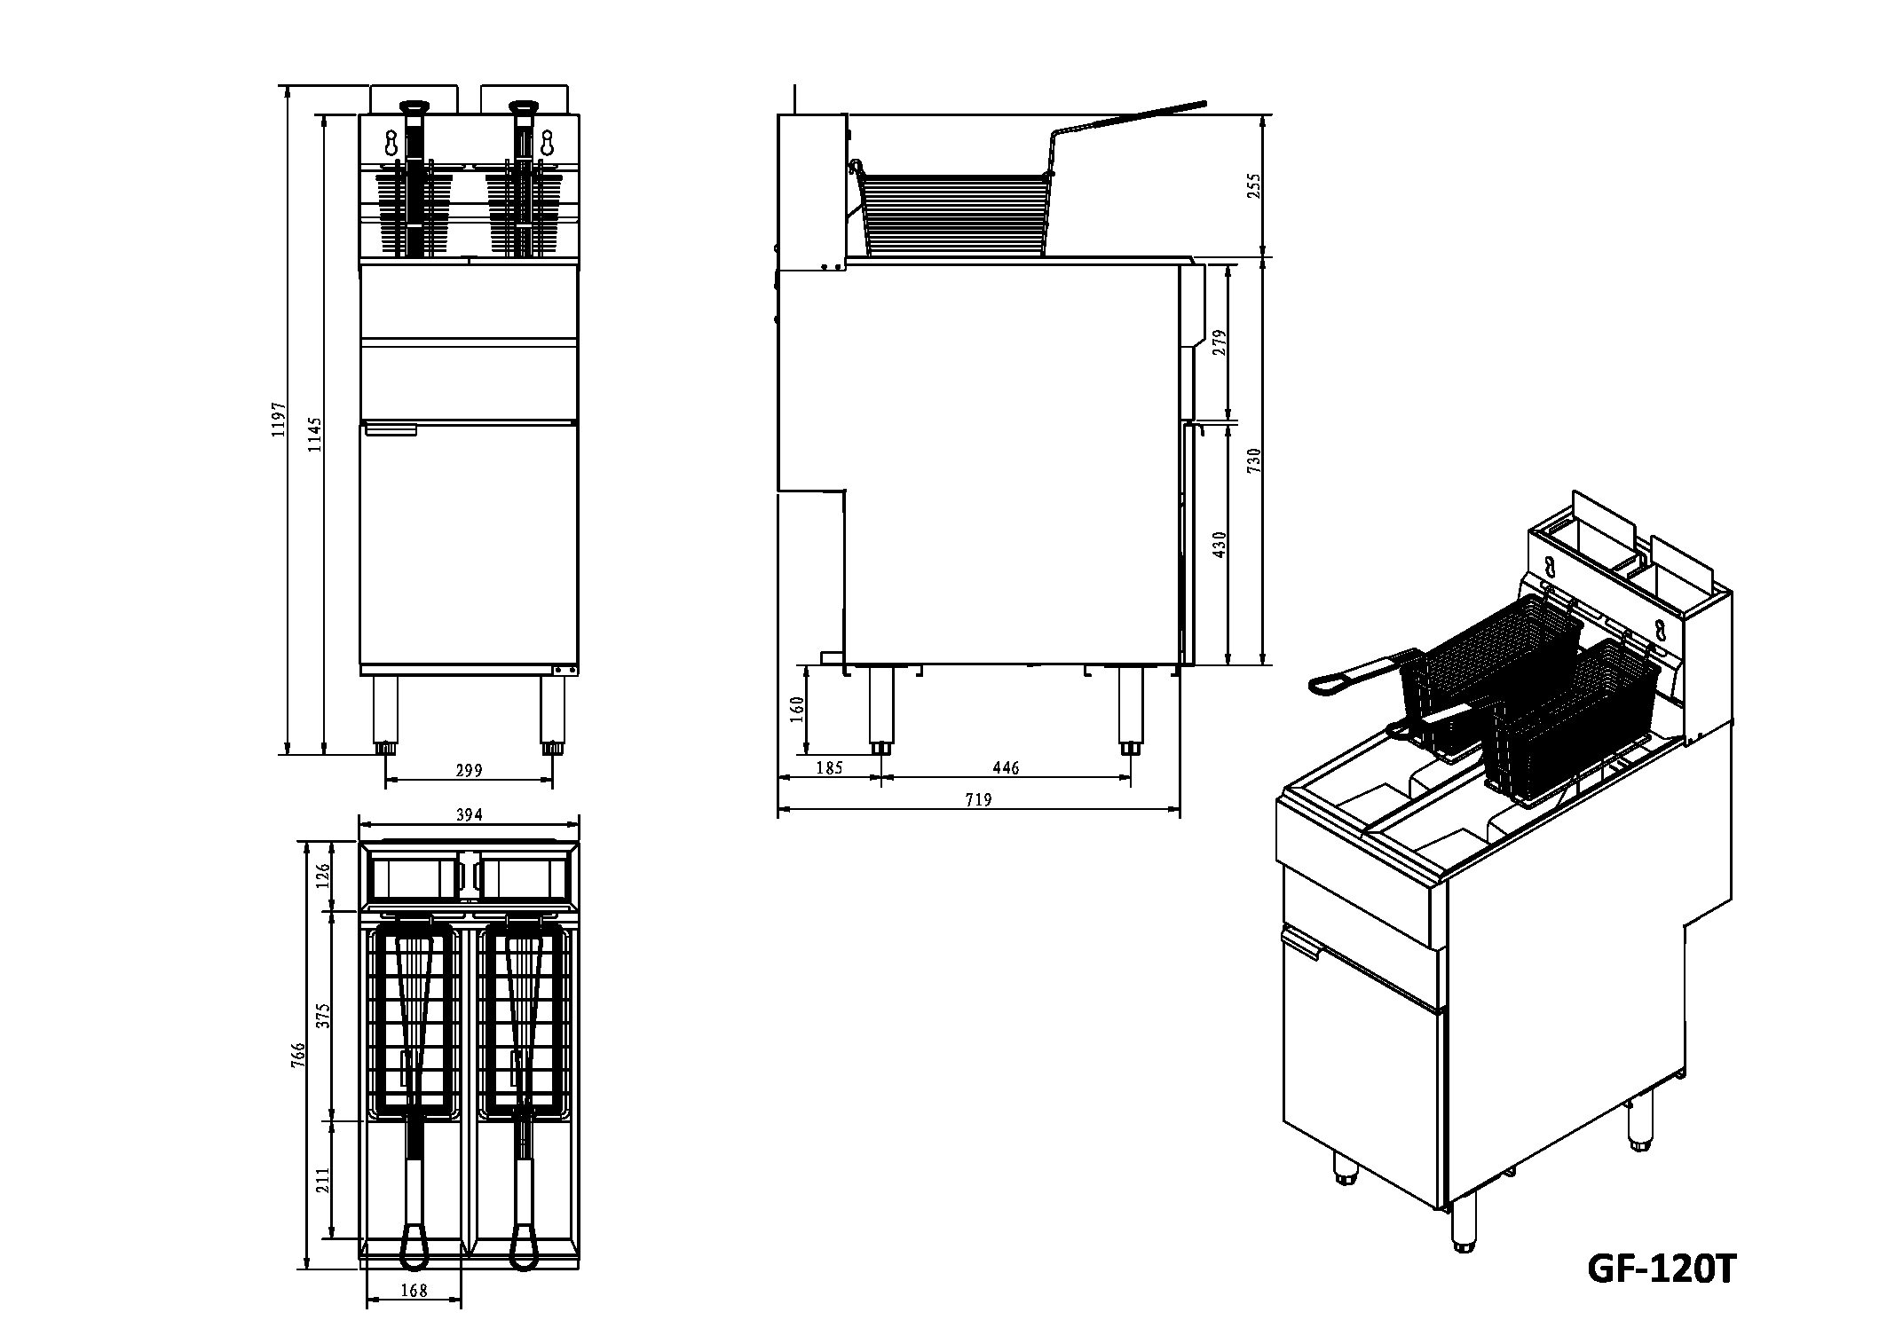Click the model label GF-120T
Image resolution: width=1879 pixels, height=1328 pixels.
pos(1660,1269)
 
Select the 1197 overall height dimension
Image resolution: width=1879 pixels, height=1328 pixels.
pos(280,419)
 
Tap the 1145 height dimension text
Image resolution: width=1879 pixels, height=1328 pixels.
pos(315,435)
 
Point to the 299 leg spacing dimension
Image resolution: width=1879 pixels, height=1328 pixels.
pos(469,770)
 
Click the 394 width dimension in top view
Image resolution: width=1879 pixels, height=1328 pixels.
pos(469,814)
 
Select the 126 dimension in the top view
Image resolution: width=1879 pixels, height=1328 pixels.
pos(323,876)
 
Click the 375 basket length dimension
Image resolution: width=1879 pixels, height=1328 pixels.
pos(323,1014)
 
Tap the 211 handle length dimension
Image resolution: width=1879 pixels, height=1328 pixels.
pos(323,1180)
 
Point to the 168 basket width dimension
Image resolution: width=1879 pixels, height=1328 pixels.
pos(414,1291)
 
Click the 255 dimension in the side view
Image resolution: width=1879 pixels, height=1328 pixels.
pos(1254,186)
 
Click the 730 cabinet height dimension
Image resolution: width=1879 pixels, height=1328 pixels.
pos(1254,461)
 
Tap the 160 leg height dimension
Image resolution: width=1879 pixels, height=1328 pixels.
pos(797,708)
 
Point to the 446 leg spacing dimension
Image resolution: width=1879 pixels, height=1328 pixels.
pos(1006,768)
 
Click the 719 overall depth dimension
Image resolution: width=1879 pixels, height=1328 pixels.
pos(978,800)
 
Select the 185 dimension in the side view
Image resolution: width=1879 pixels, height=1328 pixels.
pos(829,768)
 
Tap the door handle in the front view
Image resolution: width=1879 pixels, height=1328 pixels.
pos(391,430)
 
